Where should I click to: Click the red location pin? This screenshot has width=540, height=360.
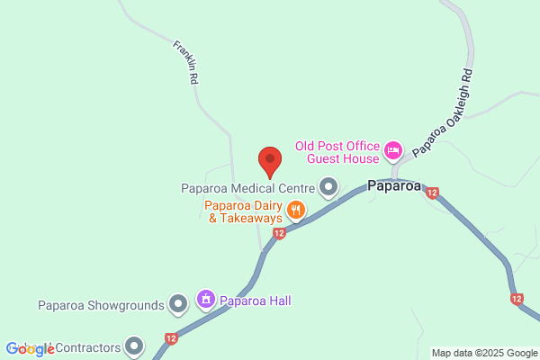tap(270, 161)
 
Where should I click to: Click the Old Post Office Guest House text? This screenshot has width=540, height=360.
tap(337, 152)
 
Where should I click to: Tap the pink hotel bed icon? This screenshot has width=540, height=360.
tap(392, 150)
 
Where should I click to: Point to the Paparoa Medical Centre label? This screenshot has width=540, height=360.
tap(246, 189)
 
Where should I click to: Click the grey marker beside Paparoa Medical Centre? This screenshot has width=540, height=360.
tap(328, 188)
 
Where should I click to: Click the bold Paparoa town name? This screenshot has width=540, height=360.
tap(395, 187)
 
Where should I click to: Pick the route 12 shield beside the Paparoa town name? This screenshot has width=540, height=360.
tap(433, 193)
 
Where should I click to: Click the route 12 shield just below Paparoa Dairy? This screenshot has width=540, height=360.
tap(279, 233)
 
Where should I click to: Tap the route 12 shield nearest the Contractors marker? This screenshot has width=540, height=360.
tap(171, 338)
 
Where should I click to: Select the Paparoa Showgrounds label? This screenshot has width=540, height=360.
tap(101, 304)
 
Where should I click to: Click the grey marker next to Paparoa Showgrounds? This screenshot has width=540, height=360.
tap(178, 304)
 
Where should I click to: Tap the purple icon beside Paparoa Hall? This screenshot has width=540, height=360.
tap(206, 300)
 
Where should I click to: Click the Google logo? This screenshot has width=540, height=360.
tap(31, 348)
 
